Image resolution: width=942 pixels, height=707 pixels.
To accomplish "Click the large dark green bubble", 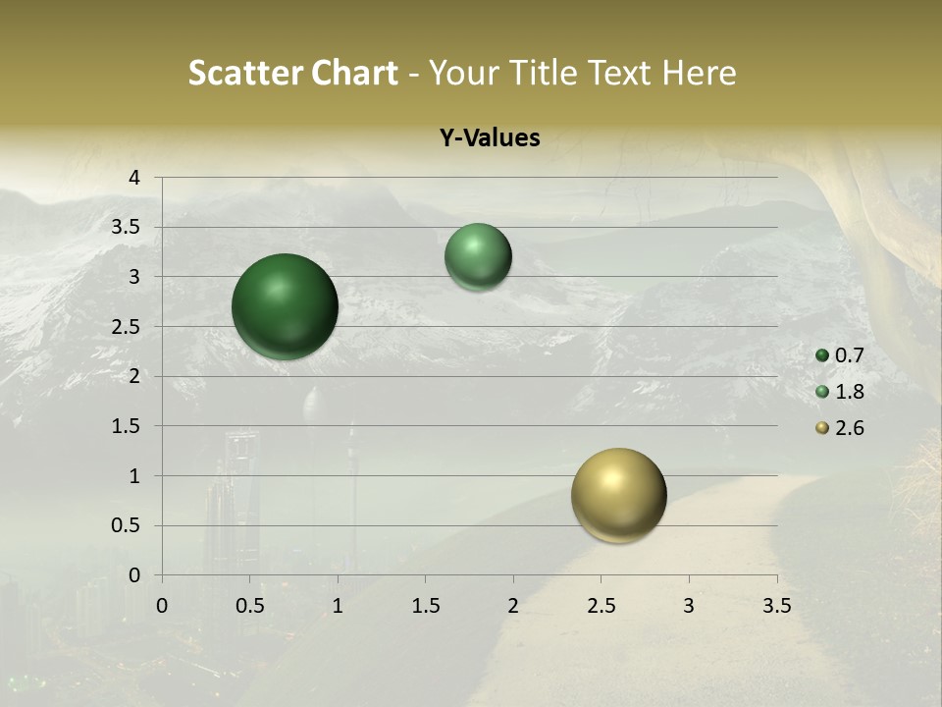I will [x=285, y=306].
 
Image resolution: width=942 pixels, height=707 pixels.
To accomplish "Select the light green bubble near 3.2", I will [x=478, y=256].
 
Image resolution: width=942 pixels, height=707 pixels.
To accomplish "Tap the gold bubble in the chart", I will [x=618, y=495].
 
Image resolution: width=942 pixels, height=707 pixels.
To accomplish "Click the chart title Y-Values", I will [x=489, y=138].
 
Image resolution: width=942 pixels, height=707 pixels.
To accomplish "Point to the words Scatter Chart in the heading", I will [x=292, y=73].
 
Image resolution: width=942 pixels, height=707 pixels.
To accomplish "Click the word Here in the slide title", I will [x=699, y=73].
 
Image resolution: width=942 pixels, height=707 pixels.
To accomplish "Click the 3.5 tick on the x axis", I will [x=777, y=605].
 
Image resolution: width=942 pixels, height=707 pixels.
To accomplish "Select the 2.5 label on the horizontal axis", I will [x=602, y=605].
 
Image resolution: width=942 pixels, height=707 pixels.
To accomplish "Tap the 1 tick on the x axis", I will [x=338, y=605].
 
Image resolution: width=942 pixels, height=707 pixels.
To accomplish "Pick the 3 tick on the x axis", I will [x=689, y=605].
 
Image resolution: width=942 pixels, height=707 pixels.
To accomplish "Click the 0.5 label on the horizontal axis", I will [x=250, y=605].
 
